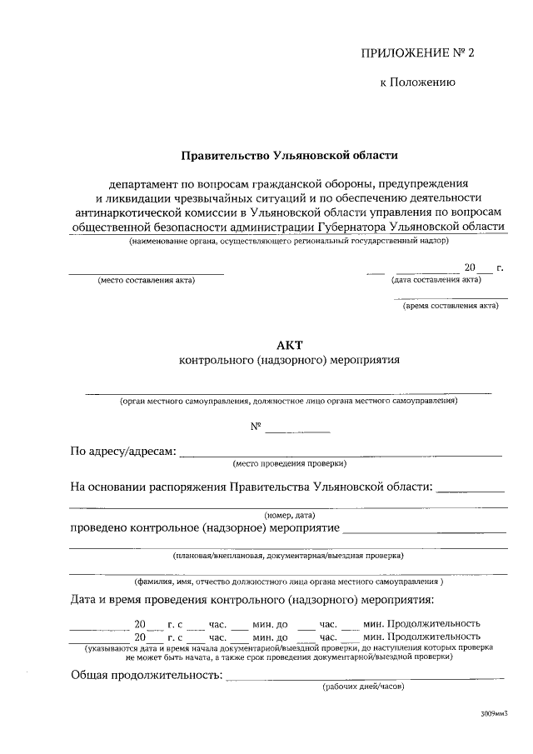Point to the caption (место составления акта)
point(146,280)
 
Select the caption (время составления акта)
point(451,306)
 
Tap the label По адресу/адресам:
point(122,452)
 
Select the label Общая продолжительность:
point(146,676)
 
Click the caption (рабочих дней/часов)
point(363,687)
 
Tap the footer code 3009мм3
point(493,715)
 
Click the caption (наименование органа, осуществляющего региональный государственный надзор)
point(288,241)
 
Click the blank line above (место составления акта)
point(146,272)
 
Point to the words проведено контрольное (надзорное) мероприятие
point(204,528)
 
